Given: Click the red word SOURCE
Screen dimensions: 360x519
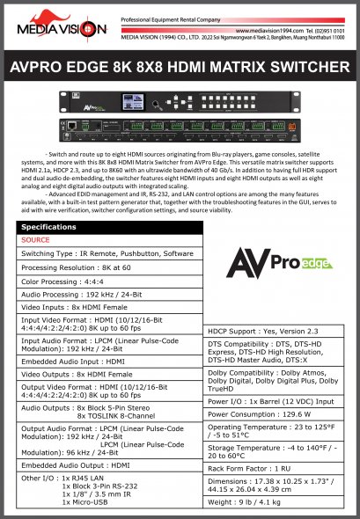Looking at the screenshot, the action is point(35,239).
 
